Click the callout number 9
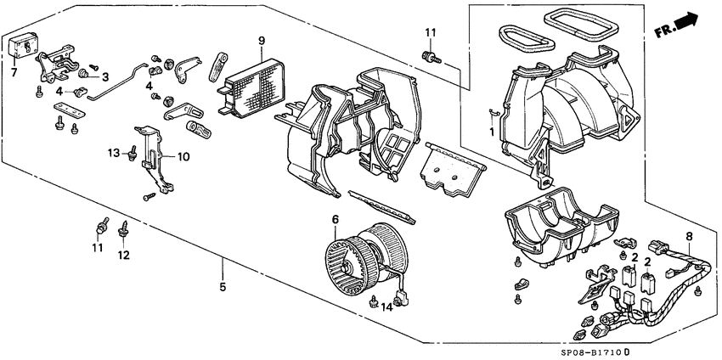(x=262, y=40)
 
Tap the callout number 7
(x=14, y=73)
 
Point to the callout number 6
(x=336, y=219)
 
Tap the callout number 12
(x=124, y=254)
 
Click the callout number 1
(x=490, y=132)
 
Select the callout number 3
(x=105, y=77)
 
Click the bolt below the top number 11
(x=431, y=57)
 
